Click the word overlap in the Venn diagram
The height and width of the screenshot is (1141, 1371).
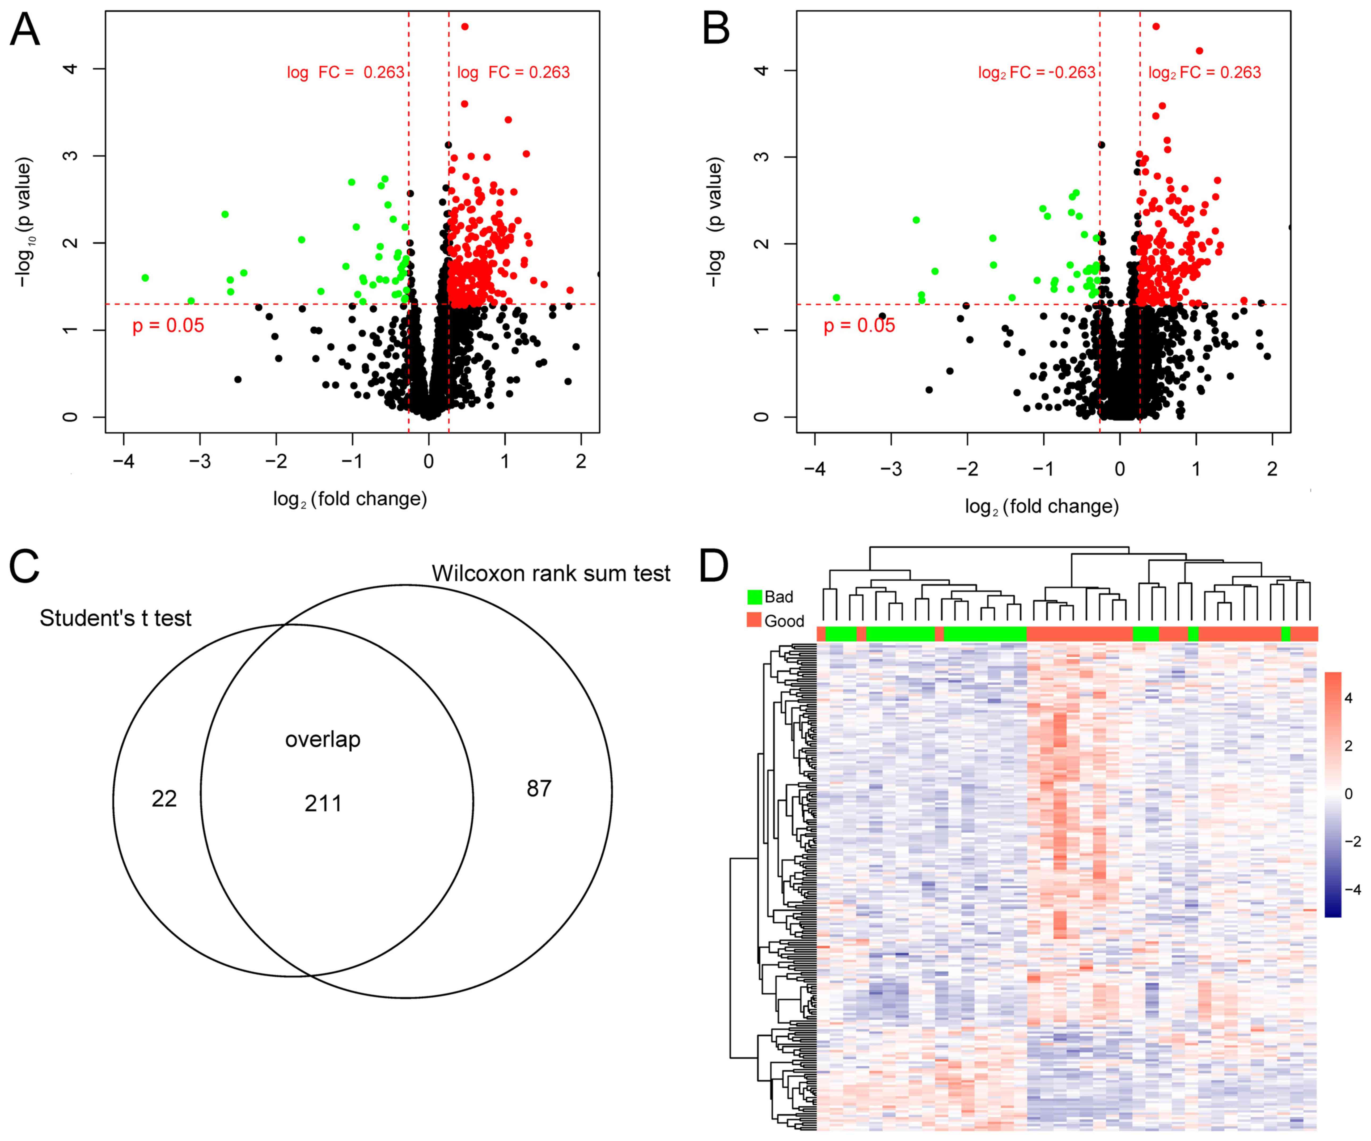tap(323, 740)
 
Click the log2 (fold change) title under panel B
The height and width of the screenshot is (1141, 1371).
tap(1042, 506)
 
